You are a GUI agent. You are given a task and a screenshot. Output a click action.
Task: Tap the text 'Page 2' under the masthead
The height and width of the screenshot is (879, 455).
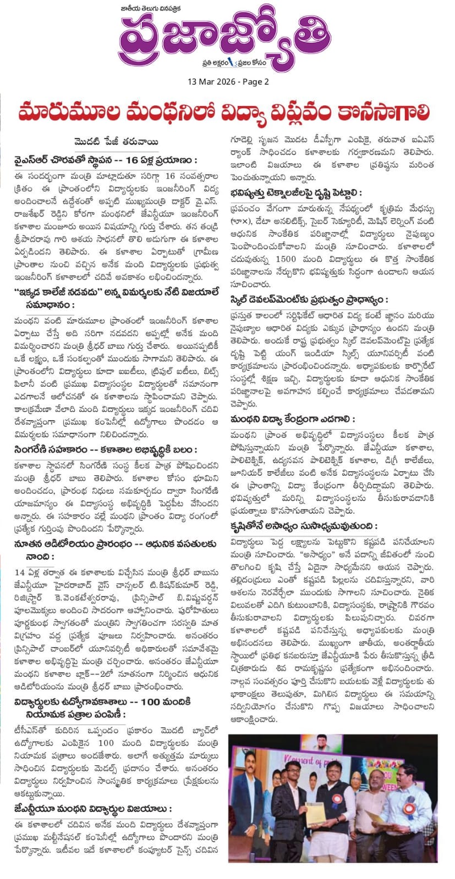click(x=255, y=82)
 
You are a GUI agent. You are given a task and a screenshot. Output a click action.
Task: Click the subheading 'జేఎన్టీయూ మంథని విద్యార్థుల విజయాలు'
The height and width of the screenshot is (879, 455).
click(x=93, y=809)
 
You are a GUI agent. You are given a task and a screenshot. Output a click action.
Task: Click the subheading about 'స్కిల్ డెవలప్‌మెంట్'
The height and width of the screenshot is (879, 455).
click(x=309, y=300)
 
